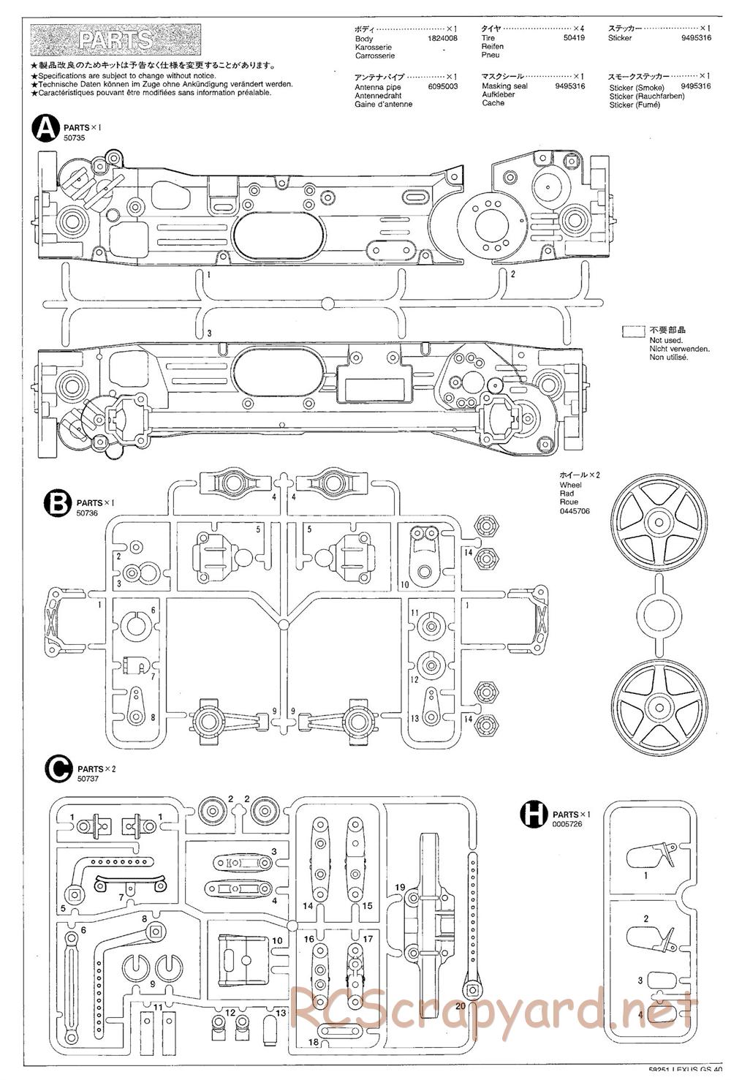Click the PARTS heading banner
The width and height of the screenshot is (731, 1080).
click(116, 39)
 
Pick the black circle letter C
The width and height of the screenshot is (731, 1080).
click(58, 769)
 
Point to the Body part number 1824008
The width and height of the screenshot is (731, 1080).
click(443, 39)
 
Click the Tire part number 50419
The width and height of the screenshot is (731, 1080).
click(575, 37)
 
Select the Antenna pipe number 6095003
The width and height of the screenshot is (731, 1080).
click(443, 86)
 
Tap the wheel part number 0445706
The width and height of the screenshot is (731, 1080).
click(575, 511)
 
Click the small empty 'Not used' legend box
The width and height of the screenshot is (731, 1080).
click(633, 331)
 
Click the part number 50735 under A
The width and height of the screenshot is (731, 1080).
click(75, 138)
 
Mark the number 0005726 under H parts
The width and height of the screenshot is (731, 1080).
click(568, 824)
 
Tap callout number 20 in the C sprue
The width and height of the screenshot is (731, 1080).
click(459, 1005)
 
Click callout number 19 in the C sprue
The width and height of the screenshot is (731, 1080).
click(400, 888)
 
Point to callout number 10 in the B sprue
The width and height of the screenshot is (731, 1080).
click(404, 585)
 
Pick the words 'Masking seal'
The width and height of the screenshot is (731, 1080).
click(504, 86)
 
